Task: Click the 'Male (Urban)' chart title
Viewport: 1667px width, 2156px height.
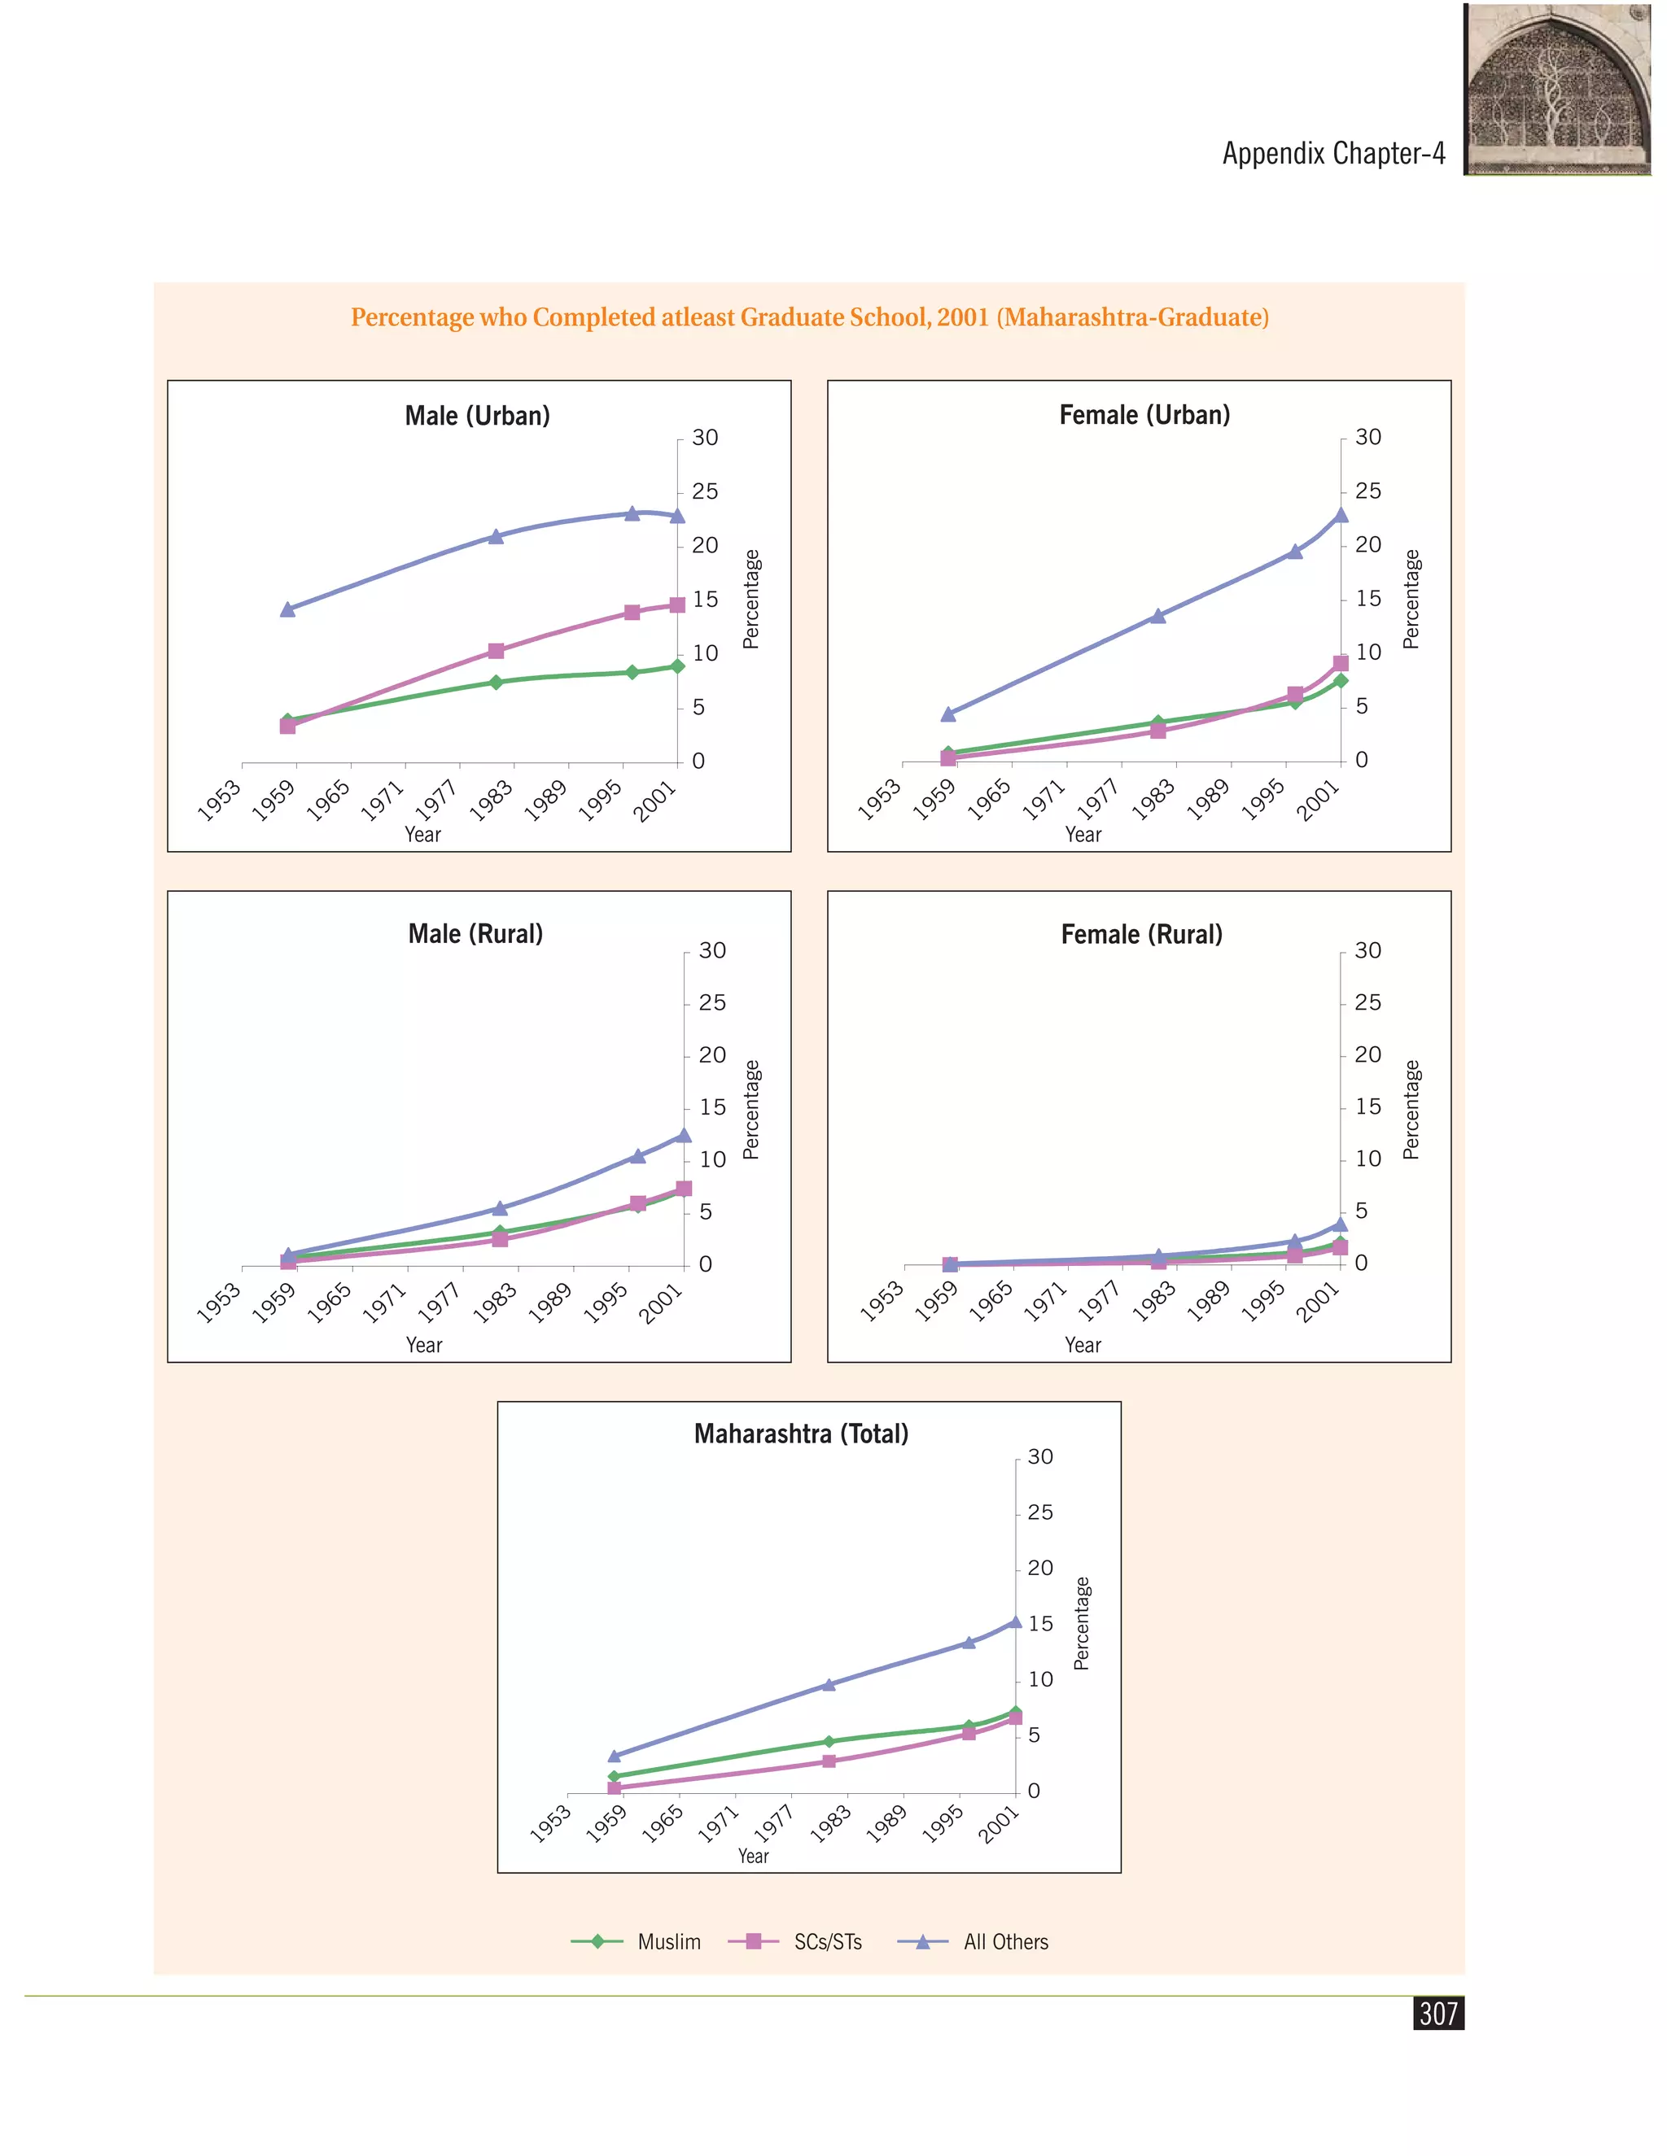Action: point(477,416)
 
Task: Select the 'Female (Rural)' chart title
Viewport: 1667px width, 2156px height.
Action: point(1142,934)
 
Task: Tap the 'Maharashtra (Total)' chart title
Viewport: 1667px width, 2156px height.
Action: point(801,1434)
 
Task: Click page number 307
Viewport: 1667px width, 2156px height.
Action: point(1438,2013)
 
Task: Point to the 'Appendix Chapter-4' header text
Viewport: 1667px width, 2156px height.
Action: point(1333,153)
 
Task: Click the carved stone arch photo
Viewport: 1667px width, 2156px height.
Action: point(1557,89)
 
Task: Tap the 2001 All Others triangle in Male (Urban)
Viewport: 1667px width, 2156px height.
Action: point(677,515)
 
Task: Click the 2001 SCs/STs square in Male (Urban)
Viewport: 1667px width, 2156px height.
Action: point(677,605)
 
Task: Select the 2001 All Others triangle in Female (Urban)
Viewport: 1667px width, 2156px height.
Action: point(1340,514)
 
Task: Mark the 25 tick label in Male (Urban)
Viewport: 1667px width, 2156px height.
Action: point(705,491)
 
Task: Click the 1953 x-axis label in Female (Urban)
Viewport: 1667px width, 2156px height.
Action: point(878,800)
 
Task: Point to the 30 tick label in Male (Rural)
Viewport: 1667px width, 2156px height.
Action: point(712,950)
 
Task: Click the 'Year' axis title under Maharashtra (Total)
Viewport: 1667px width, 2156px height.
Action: point(754,1856)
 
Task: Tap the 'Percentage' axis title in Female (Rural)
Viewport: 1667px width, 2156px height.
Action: point(1411,1110)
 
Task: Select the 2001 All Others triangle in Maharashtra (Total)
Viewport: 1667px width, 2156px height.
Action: point(1014,1621)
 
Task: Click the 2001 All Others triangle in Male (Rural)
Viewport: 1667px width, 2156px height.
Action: point(684,1135)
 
